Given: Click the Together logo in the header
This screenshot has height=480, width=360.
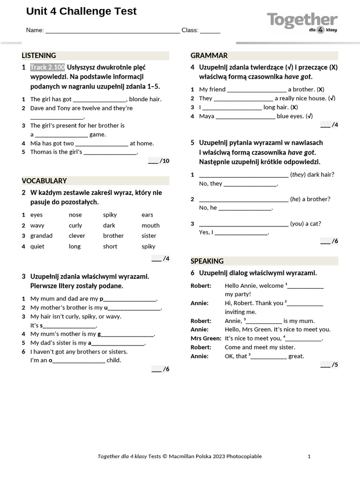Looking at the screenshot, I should pos(302,22).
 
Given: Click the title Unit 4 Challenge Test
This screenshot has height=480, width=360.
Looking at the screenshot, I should pos(82,12).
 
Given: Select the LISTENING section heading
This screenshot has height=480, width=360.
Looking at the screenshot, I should pos(39,55).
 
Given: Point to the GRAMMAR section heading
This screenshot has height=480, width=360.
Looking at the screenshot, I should pos(209,55).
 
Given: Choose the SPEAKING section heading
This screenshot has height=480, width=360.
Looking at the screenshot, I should pos(207,261).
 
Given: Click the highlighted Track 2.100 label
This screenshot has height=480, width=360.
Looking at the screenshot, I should pos(48,67).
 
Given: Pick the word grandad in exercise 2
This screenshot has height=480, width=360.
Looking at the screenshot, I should pos(41,236).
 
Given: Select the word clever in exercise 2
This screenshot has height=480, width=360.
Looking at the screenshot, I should pos(77,236).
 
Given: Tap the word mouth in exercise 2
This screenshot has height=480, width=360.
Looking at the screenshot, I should pos(150,225).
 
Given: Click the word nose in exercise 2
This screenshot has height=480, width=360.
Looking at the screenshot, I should pos(75,215).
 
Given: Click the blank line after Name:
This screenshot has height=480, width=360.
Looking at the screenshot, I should pos(112,31).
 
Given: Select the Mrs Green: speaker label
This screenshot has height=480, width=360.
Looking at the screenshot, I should pos(206,338).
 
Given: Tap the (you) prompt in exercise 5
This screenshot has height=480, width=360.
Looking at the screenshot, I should pos(297,224).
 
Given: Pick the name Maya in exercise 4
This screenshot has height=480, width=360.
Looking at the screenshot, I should pos(207,116).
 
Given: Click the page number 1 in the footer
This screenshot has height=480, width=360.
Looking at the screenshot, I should pos(309,456).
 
